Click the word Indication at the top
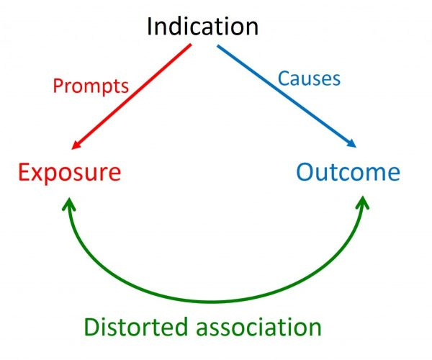202,27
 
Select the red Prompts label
90,86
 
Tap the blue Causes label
309,78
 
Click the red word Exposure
69,173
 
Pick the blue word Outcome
348,173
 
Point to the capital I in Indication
149,27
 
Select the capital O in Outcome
305,173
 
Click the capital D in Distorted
91,327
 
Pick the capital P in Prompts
58,86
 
